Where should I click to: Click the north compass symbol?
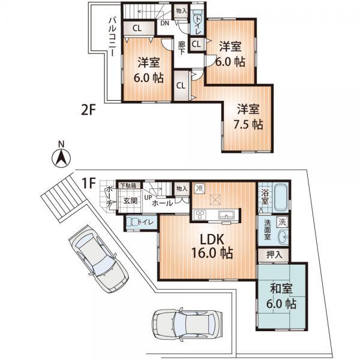(60, 157)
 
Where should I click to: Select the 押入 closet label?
(274, 254)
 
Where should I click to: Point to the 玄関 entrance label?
(130, 201)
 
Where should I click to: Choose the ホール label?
(163, 203)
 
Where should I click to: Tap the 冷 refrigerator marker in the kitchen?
(200, 188)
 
